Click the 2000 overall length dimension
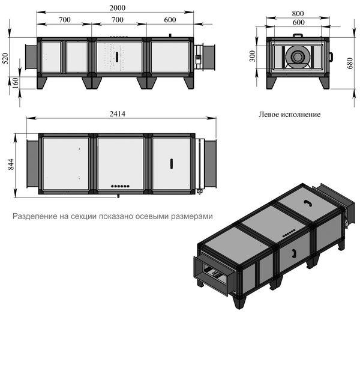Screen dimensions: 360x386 pyautogui.click(x=118, y=8)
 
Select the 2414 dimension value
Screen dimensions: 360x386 pyautogui.click(x=118, y=113)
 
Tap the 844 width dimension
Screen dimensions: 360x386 pyautogui.click(x=11, y=164)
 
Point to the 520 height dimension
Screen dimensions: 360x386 pyautogui.click(x=5, y=59)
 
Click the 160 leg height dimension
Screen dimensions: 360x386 pyautogui.click(x=15, y=83)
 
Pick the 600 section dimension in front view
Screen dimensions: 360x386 pyautogui.click(x=170, y=20)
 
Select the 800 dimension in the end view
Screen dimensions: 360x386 pyautogui.click(x=298, y=14)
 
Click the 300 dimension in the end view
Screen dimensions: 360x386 pyautogui.click(x=253, y=56)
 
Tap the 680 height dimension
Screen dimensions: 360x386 pyautogui.click(x=350, y=63)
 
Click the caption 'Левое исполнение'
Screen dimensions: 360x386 pyautogui.click(x=289, y=115)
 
